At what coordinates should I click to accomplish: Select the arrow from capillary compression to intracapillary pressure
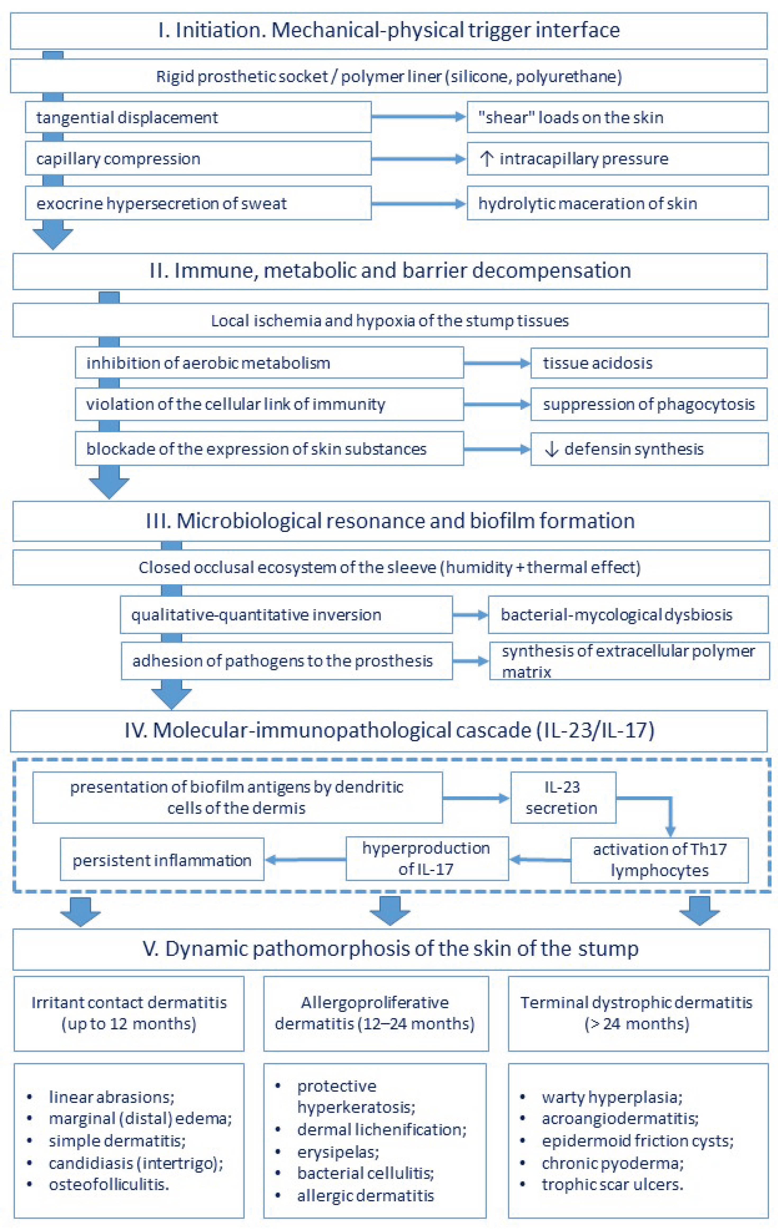coord(418,159)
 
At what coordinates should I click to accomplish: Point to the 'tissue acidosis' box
coord(649,363)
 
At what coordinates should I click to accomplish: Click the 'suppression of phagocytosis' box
coord(649,404)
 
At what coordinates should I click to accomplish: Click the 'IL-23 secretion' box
coord(563,797)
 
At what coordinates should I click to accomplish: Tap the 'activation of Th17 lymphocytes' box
coord(659,860)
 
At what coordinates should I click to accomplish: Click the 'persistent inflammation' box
coord(162,860)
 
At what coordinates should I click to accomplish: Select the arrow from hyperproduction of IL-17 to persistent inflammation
coord(305,860)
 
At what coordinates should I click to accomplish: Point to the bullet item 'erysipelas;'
coord(338,1152)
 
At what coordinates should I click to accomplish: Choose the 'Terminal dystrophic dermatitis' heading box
coord(638,1013)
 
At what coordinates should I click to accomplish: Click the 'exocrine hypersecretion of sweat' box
coord(198,203)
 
